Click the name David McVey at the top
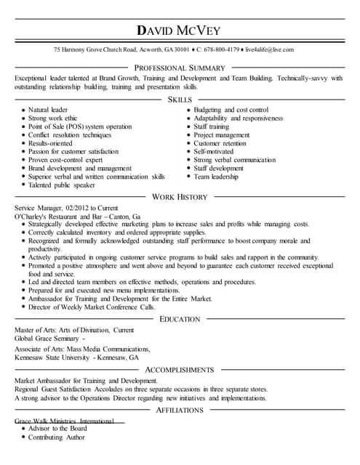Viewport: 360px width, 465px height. pyautogui.click(x=180, y=31)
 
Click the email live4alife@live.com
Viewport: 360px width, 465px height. pyautogui.click(x=270, y=49)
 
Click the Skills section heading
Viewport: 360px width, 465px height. pyautogui.click(x=180, y=99)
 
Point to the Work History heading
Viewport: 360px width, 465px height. pyautogui.click(x=180, y=197)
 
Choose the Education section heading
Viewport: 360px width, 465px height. pyautogui.click(x=180, y=319)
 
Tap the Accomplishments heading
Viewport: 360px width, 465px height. pyautogui.click(x=180, y=370)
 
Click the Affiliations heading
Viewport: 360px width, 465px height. pyautogui.click(x=180, y=411)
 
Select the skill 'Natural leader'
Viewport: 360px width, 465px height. pyautogui.click(x=48, y=110)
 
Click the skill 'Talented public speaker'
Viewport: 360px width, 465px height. pyautogui.click(x=62, y=185)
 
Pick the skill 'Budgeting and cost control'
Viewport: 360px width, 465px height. pyautogui.click(x=231, y=110)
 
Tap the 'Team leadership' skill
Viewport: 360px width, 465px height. pyautogui.click(x=216, y=177)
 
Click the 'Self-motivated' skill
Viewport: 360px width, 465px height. pyautogui.click(x=215, y=151)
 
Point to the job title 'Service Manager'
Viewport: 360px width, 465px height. pyautogui.click(x=39, y=208)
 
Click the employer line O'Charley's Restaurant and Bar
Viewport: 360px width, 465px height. pyautogui.click(x=78, y=217)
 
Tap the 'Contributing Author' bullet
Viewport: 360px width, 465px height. pyautogui.click(x=57, y=437)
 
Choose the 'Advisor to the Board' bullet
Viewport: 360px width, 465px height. pyautogui.click(x=57, y=429)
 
